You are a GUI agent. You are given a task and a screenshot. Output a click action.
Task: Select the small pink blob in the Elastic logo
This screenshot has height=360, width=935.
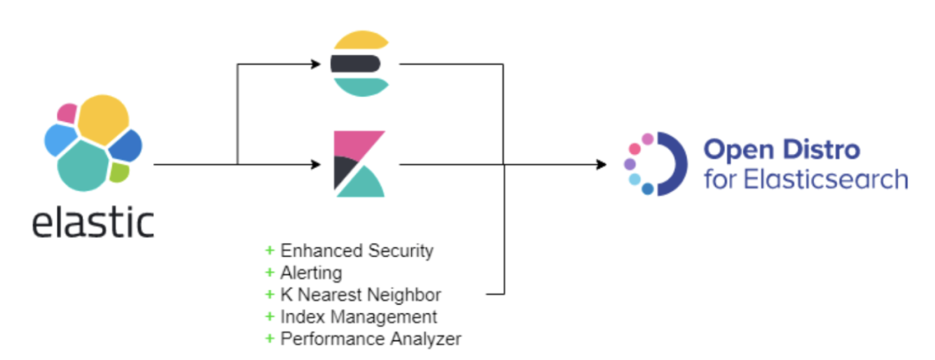tap(67, 112)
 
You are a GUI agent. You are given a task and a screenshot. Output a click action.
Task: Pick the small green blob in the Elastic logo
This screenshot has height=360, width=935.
tap(119, 172)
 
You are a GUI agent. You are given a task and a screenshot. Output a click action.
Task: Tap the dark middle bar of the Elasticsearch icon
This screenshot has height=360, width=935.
tap(354, 63)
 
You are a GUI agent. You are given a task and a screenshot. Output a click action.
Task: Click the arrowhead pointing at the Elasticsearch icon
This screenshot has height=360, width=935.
tap(316, 63)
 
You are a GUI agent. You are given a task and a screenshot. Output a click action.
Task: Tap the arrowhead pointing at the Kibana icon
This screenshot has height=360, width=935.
tap(316, 163)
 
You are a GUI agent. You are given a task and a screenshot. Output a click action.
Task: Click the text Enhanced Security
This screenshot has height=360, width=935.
tap(356, 251)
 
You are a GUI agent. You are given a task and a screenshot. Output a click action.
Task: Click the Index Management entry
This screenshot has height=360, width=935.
tap(358, 317)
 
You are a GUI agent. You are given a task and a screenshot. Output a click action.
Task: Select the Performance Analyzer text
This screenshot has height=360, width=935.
tap(370, 338)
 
